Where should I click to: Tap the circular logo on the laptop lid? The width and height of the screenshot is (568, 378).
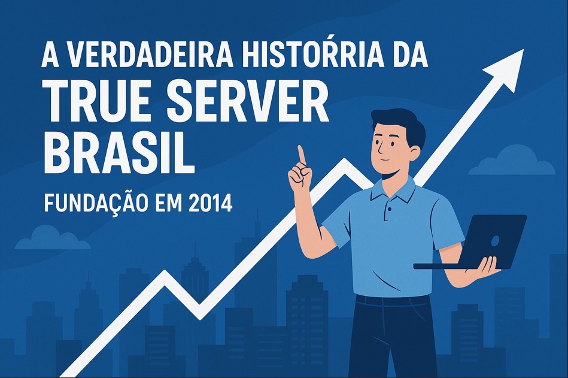pyautogui.click(x=494, y=241)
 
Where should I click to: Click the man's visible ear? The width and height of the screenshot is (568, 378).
pyautogui.click(x=415, y=152)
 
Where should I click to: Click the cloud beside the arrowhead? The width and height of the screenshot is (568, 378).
pyautogui.click(x=512, y=162)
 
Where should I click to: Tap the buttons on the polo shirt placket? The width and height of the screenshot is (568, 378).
pyautogui.click(x=388, y=213)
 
